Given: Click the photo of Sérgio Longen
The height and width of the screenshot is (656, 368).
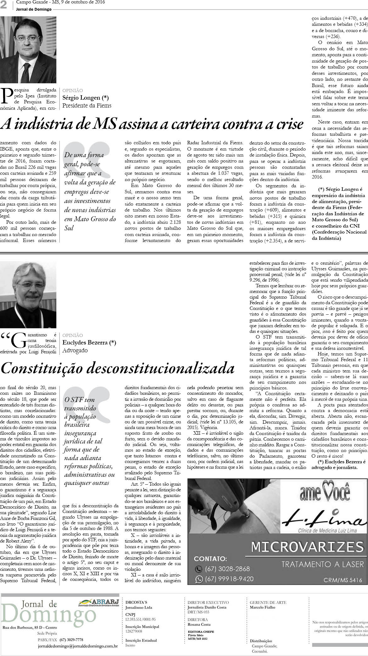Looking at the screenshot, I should point(28,49).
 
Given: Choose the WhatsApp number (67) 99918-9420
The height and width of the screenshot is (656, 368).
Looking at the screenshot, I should point(229,579).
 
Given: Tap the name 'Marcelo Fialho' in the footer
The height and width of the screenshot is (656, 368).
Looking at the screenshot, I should point(263,607).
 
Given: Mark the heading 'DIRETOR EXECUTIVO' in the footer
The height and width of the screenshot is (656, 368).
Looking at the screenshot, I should point(208,602).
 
